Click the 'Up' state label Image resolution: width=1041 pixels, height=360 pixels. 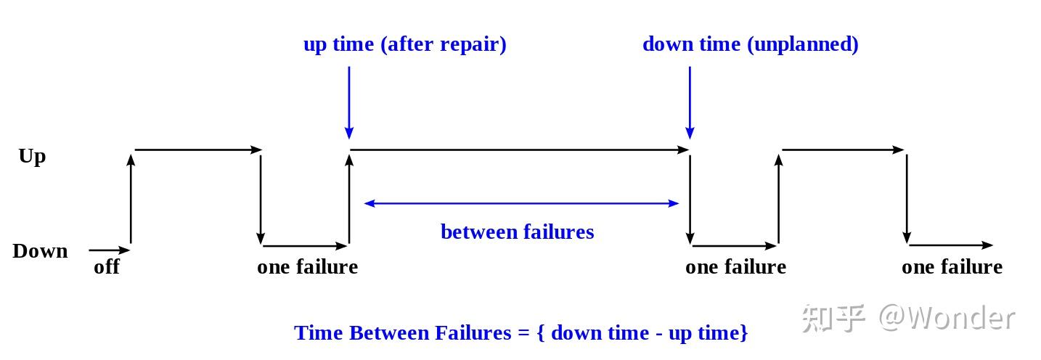32,156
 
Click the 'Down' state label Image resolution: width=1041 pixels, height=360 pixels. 40,251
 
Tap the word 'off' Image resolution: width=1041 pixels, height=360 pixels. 107,267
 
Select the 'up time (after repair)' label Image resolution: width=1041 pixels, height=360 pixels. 404,44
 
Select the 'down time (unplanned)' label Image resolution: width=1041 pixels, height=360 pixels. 750,44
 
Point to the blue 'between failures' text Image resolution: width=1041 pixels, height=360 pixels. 517,232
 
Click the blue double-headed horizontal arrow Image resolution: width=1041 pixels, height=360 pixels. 521,203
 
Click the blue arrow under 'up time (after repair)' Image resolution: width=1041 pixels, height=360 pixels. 349,102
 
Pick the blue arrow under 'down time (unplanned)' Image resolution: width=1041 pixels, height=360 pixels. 690,102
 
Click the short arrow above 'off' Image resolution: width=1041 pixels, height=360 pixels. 109,250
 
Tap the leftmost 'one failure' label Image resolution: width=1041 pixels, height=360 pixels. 307,267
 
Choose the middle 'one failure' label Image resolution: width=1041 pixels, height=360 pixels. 735,267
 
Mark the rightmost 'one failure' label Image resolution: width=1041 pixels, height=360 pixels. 952,267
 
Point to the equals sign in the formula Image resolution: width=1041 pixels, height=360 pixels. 523,333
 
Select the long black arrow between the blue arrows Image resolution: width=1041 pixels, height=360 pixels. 519,150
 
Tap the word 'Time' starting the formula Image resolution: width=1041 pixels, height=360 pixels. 319,333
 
